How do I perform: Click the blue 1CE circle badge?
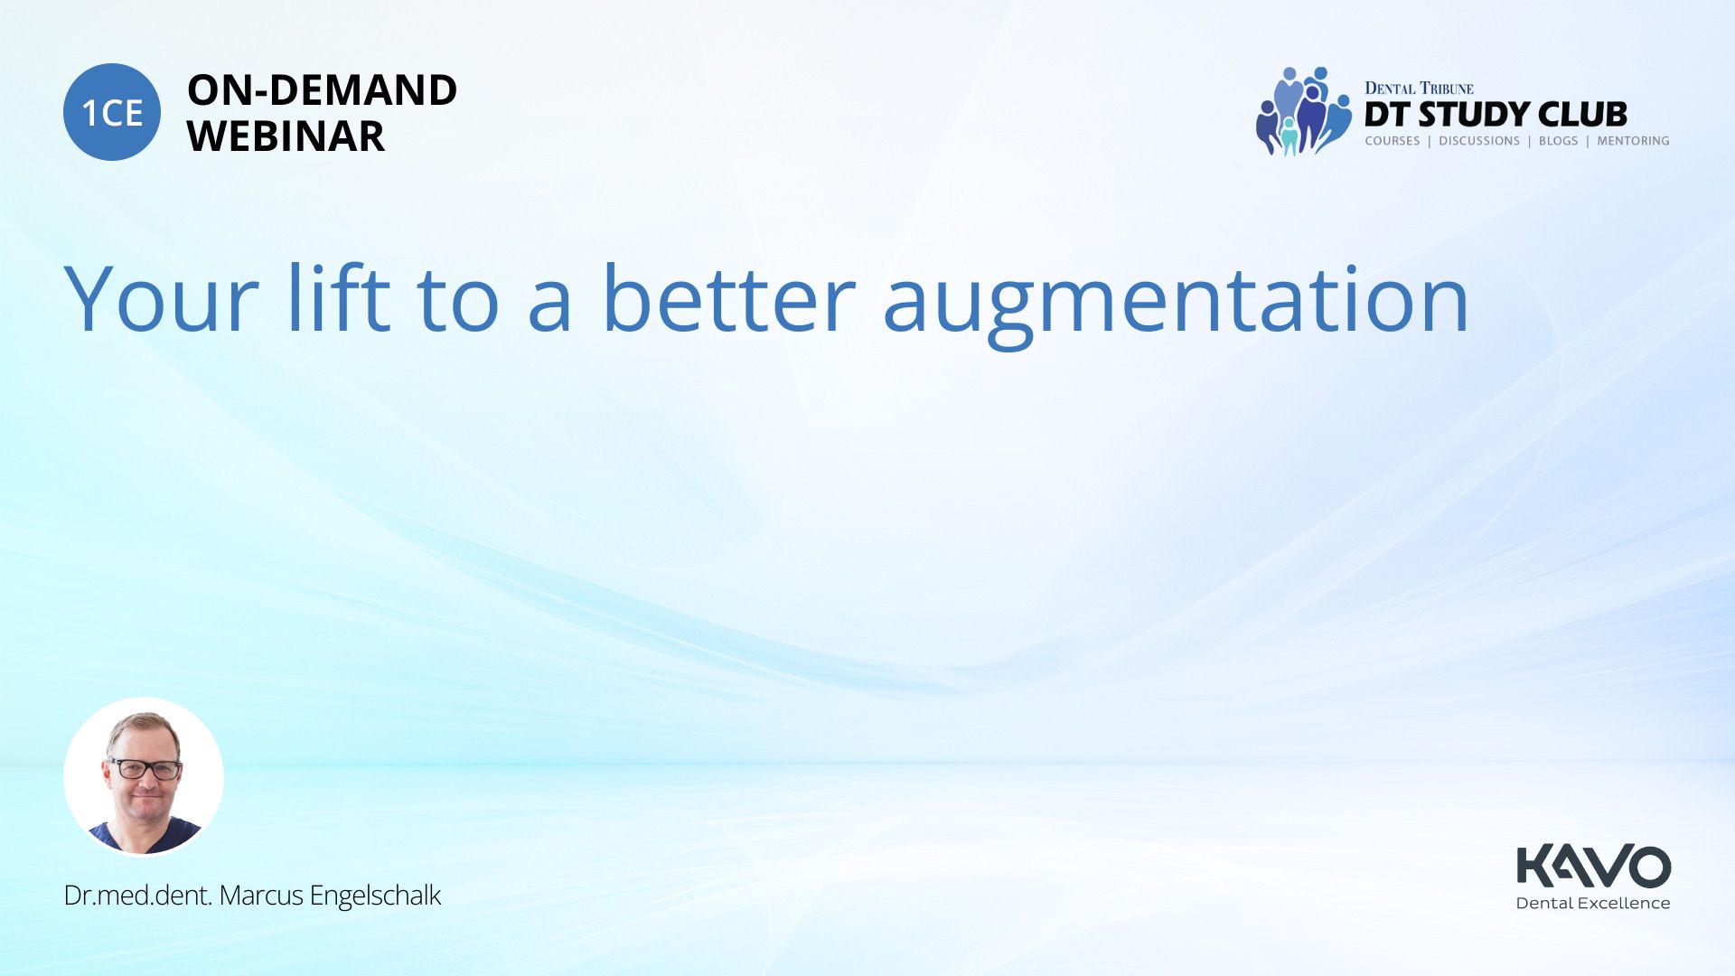(112, 112)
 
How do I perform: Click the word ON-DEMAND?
(322, 90)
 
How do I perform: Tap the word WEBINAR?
(286, 136)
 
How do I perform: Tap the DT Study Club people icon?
(1304, 111)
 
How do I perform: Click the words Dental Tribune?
(1419, 88)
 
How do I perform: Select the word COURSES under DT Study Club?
(1393, 141)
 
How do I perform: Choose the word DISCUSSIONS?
(1479, 141)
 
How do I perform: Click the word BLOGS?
(1558, 141)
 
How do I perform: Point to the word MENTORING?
(1633, 141)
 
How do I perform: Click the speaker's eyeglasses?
(145, 769)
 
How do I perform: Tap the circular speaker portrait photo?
(144, 776)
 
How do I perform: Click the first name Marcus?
(261, 895)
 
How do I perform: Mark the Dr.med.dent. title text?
(138, 895)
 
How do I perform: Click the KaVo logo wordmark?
(1593, 866)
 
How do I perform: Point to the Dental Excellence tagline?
(1593, 903)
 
